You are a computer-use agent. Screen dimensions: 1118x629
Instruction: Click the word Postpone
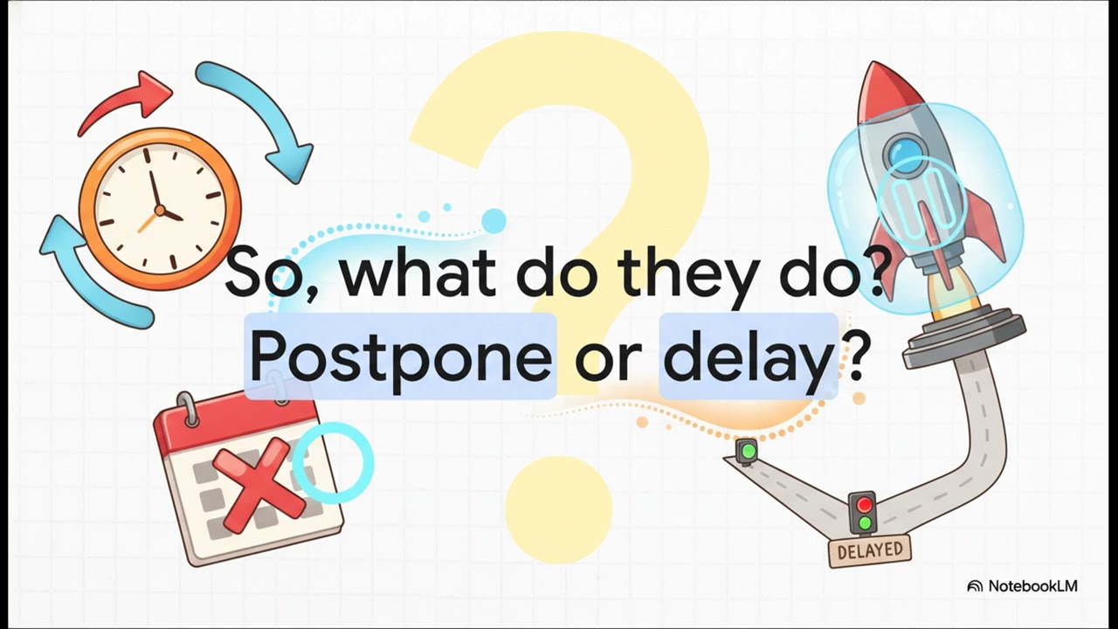tap(399, 356)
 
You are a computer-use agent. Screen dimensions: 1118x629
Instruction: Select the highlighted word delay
tap(748, 356)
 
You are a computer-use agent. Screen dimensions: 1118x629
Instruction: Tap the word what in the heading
tap(417, 273)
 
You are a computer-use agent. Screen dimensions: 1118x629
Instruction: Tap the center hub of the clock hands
tap(160, 211)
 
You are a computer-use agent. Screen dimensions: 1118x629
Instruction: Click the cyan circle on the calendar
tap(333, 462)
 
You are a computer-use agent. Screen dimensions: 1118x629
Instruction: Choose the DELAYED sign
tap(870, 551)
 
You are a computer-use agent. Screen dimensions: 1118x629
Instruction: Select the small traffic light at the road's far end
tap(747, 453)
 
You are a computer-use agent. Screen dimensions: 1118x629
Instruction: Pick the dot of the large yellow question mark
tap(559, 509)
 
